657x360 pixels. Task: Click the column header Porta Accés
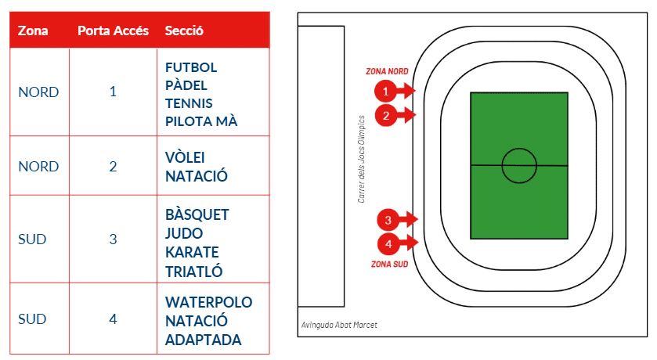(x=113, y=31)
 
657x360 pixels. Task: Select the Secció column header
(x=184, y=31)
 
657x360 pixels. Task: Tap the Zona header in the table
(x=33, y=31)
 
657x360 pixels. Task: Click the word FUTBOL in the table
(x=191, y=67)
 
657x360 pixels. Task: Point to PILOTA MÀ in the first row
(x=201, y=121)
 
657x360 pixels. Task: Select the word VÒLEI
(x=185, y=157)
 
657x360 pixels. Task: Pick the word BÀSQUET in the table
(x=197, y=214)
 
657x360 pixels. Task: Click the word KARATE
(x=192, y=253)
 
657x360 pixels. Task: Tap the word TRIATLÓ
(x=193, y=272)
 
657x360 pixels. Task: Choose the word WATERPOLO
(x=208, y=302)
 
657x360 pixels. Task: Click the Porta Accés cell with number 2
(x=113, y=167)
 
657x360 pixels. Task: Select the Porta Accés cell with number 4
(x=113, y=319)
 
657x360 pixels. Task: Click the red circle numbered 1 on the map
(x=385, y=91)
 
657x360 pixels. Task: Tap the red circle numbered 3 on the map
(x=388, y=220)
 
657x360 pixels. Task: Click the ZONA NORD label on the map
(x=387, y=71)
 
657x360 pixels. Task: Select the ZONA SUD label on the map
(x=390, y=265)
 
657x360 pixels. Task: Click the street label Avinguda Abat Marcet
(x=339, y=325)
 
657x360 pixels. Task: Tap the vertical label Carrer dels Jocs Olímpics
(x=361, y=159)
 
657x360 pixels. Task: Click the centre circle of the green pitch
(x=519, y=149)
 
